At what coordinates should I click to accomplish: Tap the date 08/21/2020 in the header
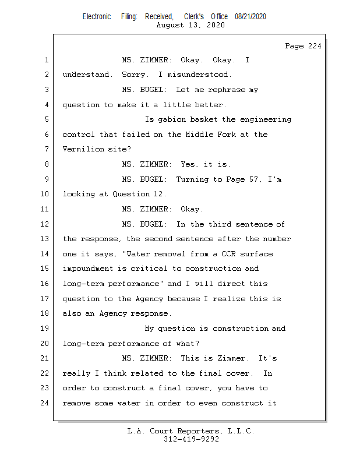(250, 17)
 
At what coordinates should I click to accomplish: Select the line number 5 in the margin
(46, 119)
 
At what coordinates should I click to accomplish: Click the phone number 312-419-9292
(191, 440)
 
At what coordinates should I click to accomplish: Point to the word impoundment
(87, 269)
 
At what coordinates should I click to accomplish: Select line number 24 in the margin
(44, 403)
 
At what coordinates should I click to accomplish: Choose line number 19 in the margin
(44, 329)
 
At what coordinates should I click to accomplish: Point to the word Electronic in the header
(97, 17)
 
